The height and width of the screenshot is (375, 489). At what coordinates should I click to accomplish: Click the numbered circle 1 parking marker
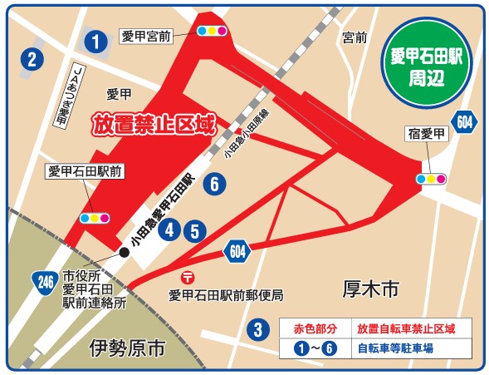pos(97,40)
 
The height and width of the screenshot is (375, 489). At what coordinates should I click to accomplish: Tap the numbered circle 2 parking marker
pos(32,59)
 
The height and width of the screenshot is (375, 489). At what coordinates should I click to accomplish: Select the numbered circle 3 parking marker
pos(258,329)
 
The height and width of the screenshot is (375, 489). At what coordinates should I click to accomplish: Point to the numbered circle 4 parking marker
pos(171,229)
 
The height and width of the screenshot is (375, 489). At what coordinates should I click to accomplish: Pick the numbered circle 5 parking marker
pos(194,231)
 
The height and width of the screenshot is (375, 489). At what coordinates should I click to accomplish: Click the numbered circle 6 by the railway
pos(214,185)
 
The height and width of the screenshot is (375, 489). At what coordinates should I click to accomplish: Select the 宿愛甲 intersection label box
pos(428,133)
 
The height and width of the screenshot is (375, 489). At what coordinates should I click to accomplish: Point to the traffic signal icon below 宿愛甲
pos(432,179)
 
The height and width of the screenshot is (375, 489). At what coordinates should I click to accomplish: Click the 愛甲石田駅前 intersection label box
pos(86,172)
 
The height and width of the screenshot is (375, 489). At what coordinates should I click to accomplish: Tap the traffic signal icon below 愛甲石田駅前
pos(94,219)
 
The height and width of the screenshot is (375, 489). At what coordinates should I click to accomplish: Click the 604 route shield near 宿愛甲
pos(467,122)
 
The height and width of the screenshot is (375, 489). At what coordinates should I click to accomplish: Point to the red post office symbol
pos(188,277)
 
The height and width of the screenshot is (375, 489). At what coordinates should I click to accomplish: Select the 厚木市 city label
pos(370,289)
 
